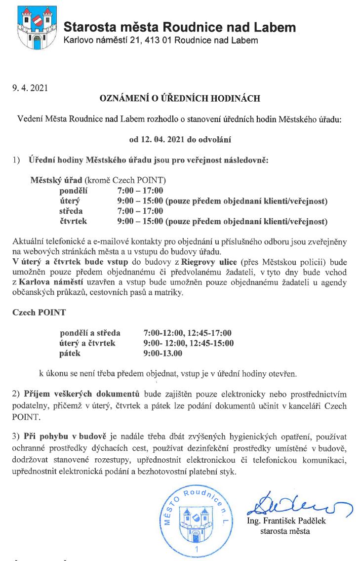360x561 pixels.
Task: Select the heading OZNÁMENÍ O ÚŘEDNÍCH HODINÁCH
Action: coord(180,99)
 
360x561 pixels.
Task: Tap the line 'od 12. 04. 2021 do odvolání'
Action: coord(180,139)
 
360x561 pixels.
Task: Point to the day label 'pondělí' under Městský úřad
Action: coord(73,191)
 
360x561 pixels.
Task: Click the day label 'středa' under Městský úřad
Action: coord(71,211)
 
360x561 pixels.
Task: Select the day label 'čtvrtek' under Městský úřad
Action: coord(73,221)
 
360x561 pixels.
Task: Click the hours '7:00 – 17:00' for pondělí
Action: coord(140,191)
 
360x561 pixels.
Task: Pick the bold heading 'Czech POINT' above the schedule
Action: coord(39,313)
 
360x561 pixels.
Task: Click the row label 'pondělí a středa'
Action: coord(90,333)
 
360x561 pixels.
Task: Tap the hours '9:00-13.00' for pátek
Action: coord(162,353)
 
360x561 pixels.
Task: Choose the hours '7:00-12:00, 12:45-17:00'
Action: coord(187,333)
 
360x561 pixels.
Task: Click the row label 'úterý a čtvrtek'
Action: coord(87,343)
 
